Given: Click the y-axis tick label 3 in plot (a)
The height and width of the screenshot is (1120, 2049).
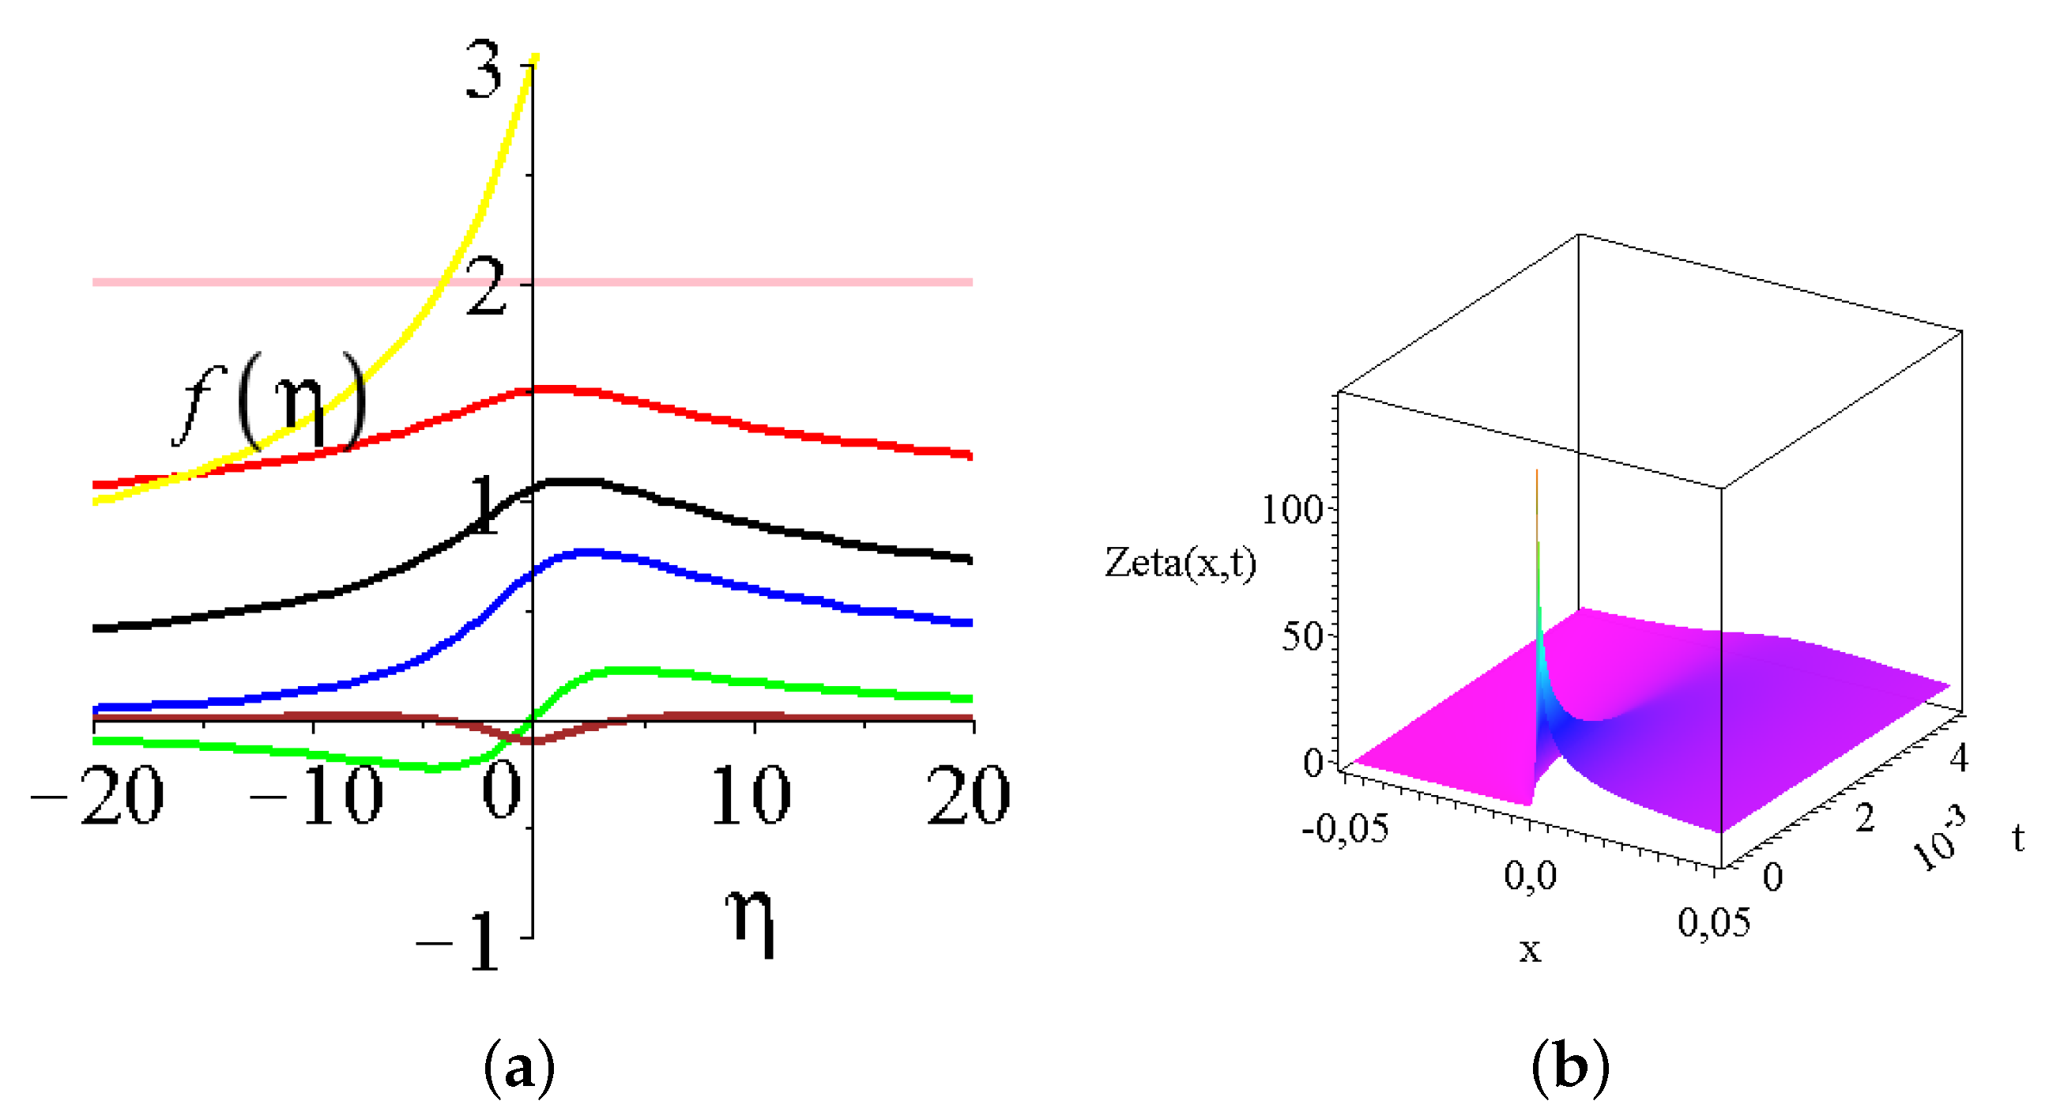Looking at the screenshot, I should pos(484,72).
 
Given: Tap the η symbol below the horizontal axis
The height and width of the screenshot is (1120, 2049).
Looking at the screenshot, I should pos(749,922).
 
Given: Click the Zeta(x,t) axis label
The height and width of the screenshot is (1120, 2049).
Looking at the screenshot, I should pos(1181,564).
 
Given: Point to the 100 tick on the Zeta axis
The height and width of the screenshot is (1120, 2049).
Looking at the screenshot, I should pos(1292,509).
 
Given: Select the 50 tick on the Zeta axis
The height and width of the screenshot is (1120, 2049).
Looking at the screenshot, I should pos(1301,636).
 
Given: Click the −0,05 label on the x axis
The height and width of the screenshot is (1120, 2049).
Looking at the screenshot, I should pos(1345,829).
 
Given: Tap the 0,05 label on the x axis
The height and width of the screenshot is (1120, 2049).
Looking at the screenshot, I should pos(1714,922).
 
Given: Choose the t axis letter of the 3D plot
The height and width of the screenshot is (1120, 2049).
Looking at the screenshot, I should pos(2018,837).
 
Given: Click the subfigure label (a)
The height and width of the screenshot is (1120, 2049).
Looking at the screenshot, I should pos(518,1068).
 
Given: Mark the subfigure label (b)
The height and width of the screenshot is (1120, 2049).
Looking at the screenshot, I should pos(1569,1068).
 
